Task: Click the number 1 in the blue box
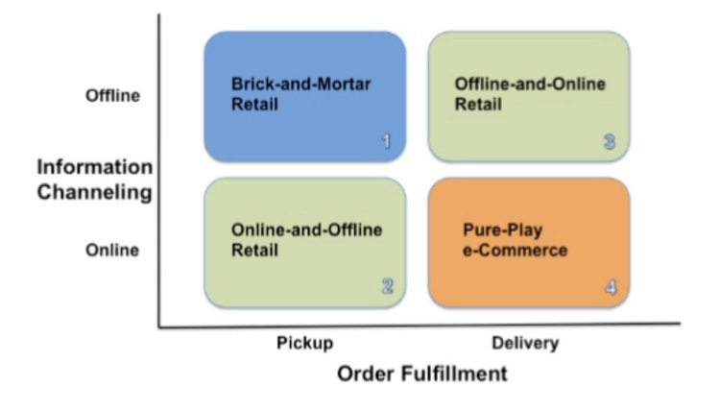tap(386, 142)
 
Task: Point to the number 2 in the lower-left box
tap(386, 285)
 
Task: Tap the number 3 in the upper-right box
tap(609, 142)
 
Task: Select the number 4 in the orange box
tap(610, 286)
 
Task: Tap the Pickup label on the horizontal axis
tap(304, 343)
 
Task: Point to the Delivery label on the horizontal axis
tap(524, 343)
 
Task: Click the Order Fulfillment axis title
tap(422, 374)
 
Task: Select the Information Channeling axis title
tap(95, 180)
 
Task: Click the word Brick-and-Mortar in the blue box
tap(300, 85)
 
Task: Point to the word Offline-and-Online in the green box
tap(530, 85)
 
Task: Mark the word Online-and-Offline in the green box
tap(306, 230)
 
